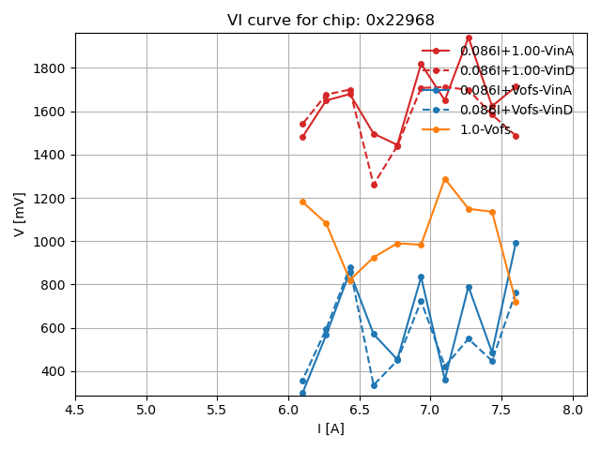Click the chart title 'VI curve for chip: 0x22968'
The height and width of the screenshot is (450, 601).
pos(331,21)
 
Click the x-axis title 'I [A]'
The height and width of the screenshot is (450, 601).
pos(331,428)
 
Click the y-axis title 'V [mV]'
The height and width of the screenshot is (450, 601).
pos(20,214)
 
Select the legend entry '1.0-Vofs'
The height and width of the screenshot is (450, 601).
pos(485,129)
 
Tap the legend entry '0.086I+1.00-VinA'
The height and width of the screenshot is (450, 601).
pos(516,51)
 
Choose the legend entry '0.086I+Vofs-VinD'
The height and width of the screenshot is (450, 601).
pos(516,110)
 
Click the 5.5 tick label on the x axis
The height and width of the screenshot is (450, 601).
pos(217,411)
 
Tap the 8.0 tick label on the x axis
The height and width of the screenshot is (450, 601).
pos(573,411)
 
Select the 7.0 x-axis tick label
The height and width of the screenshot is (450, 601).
pos(430,411)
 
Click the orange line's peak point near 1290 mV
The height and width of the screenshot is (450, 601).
pos(445,179)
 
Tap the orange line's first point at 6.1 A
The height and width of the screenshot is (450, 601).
pos(302,202)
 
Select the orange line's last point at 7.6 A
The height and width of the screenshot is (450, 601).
pos(516,302)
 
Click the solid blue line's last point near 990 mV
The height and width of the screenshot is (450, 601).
pos(516,243)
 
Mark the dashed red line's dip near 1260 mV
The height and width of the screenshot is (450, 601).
pos(374,185)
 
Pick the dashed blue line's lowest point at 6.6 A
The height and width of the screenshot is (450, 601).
pos(374,385)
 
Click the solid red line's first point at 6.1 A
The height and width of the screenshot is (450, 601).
pos(302,137)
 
